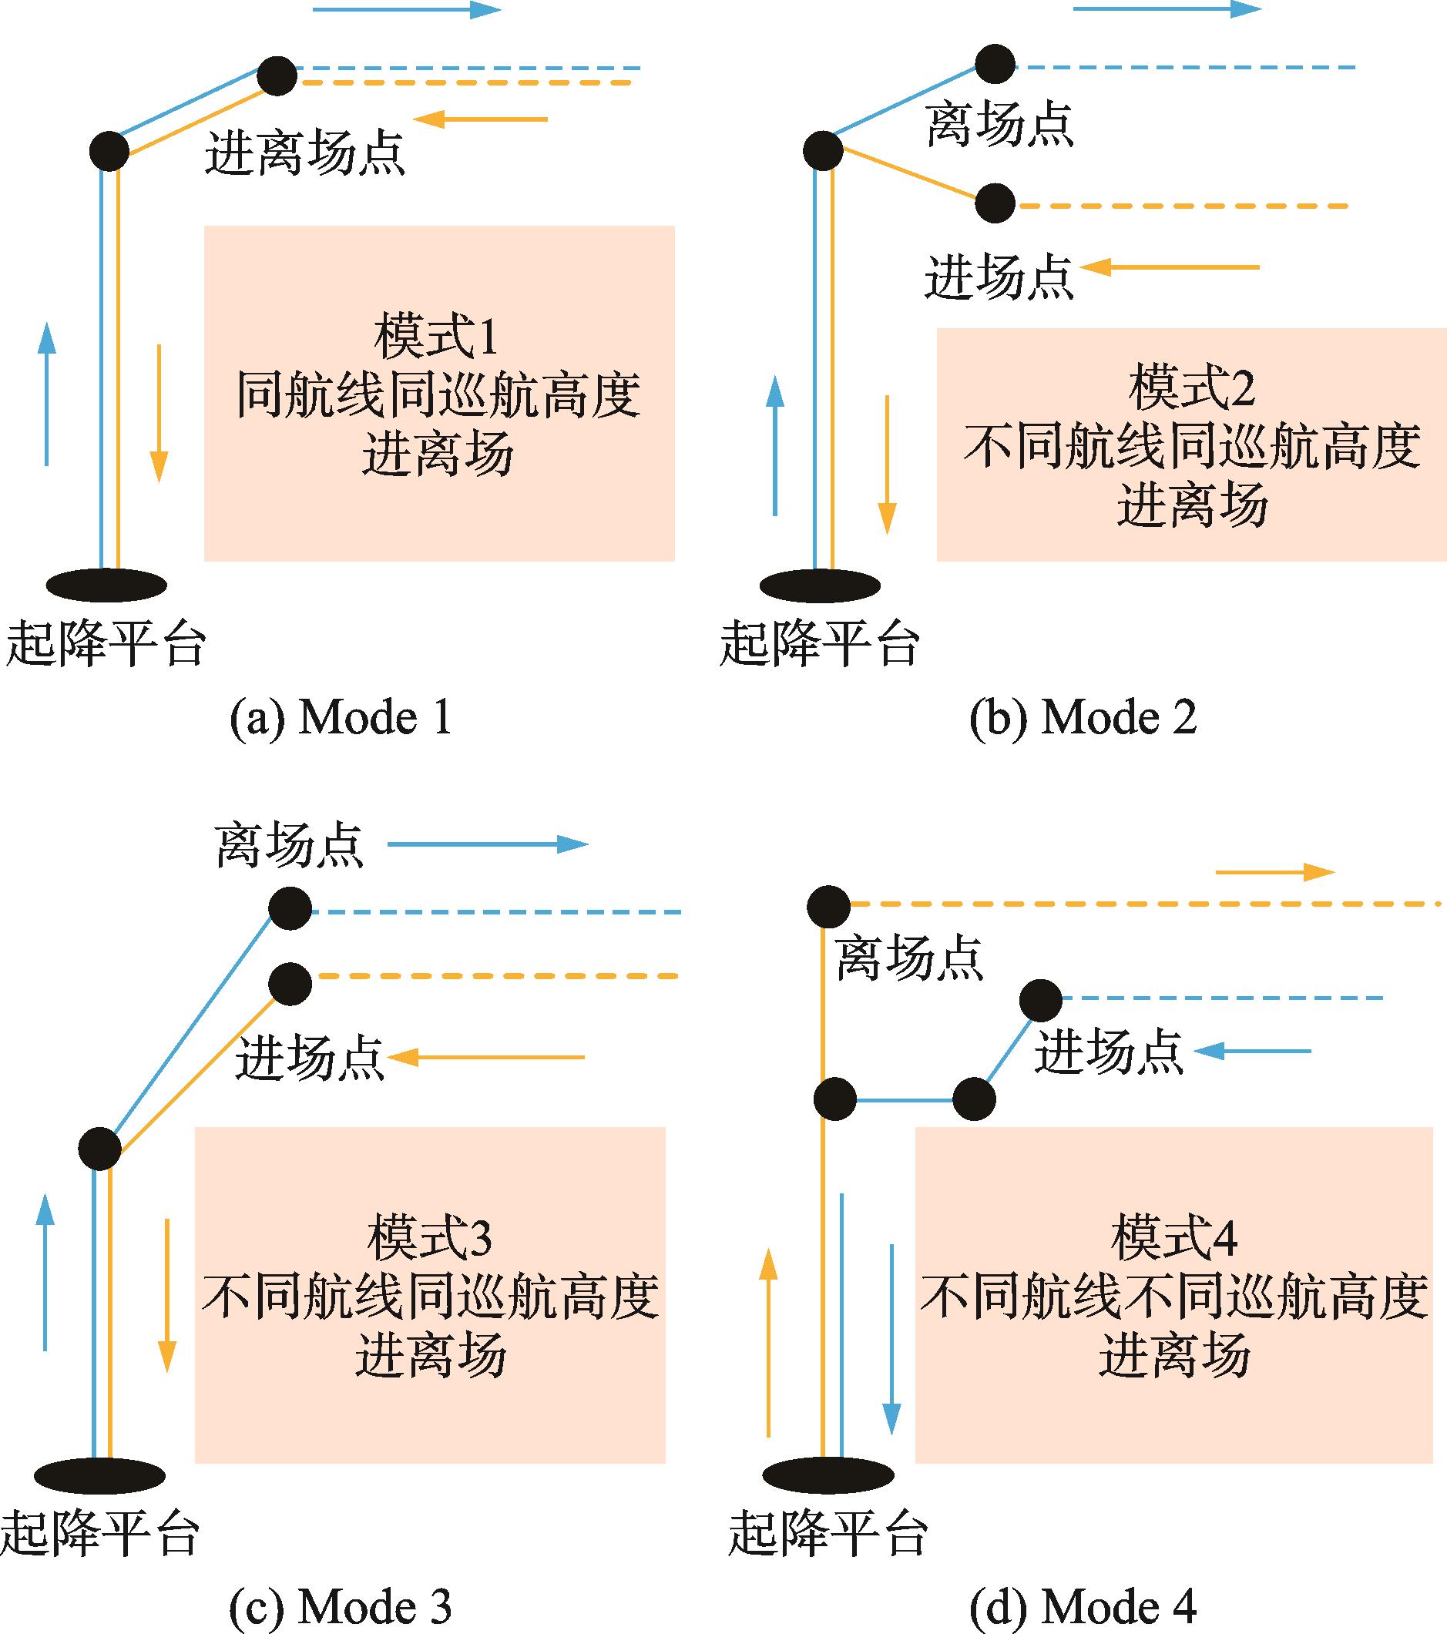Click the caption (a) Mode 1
pyautogui.click(x=341, y=718)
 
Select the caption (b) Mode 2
pyautogui.click(x=1083, y=718)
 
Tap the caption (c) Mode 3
pyautogui.click(x=341, y=1607)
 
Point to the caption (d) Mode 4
pyautogui.click(x=1083, y=1607)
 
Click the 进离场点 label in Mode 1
pyautogui.click(x=304, y=153)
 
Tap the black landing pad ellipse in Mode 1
pyautogui.click(x=106, y=585)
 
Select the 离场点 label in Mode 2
pyautogui.click(x=999, y=126)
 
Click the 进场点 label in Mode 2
pyautogui.click(x=999, y=277)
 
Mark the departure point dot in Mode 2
pyautogui.click(x=995, y=64)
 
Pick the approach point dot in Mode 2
pyautogui.click(x=995, y=204)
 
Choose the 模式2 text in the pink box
pyautogui.click(x=1192, y=388)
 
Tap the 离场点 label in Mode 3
pyautogui.click(x=289, y=846)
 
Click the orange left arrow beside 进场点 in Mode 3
pyautogui.click(x=487, y=1057)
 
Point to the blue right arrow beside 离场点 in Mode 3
pyautogui.click(x=488, y=844)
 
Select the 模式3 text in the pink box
pyautogui.click(x=429, y=1237)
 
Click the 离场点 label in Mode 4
pyautogui.click(x=908, y=958)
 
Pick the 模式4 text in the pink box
pyautogui.click(x=1173, y=1237)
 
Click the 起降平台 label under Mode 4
pyautogui.click(x=828, y=1534)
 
